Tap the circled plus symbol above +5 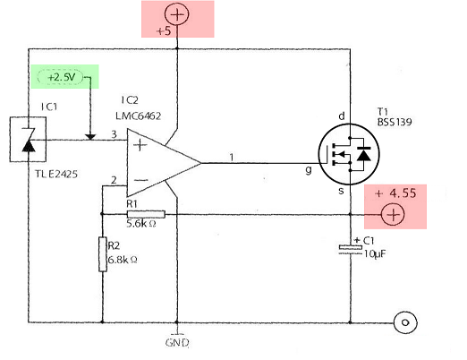(x=178, y=13)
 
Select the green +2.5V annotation (x=63, y=78)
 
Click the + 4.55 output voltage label (x=396, y=192)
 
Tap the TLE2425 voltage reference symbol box (x=21, y=140)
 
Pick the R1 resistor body (x=145, y=214)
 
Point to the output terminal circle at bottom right (x=406, y=321)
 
